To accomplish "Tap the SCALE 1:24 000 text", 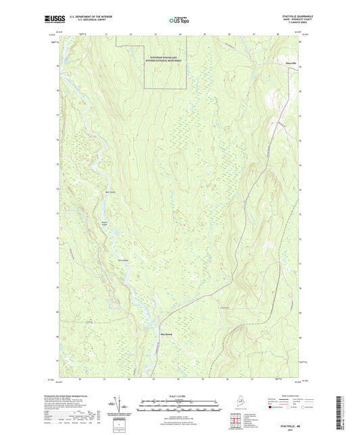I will click(x=180, y=396).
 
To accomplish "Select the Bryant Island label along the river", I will click(x=104, y=221).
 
